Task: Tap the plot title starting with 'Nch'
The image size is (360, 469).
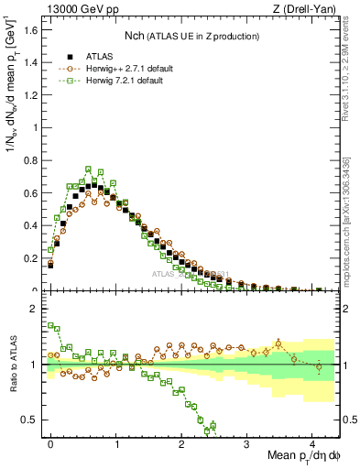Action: click(191, 36)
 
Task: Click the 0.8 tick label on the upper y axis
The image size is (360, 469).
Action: click(33, 160)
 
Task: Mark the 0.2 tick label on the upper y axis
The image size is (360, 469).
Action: click(33, 258)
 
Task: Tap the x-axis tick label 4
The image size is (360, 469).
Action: click(312, 442)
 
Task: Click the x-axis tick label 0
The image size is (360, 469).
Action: click(50, 442)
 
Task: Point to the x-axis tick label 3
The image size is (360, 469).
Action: click(246, 442)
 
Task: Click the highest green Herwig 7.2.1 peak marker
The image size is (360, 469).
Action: click(88, 169)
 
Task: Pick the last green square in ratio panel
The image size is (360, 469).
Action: click(213, 424)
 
